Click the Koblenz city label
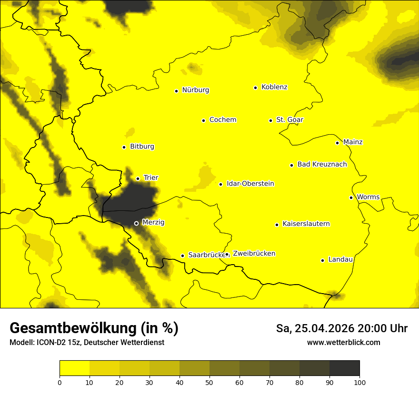tap(274, 87)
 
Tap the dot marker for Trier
tap(138, 178)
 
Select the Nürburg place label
tap(195, 90)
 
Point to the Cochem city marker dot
tap(203, 120)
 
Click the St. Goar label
tap(289, 119)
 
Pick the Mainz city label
tap(353, 142)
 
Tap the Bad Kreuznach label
tap(322, 164)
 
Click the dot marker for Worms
tap(351, 197)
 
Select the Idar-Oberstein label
tap(250, 183)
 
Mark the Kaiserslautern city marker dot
tap(277, 225)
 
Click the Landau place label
tap(340, 259)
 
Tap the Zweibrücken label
tap(254, 254)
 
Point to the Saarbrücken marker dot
tap(182, 256)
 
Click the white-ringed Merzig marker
tap(136, 223)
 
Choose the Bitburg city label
tap(142, 146)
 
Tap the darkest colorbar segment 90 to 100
tap(344, 368)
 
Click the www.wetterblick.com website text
tap(343, 342)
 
